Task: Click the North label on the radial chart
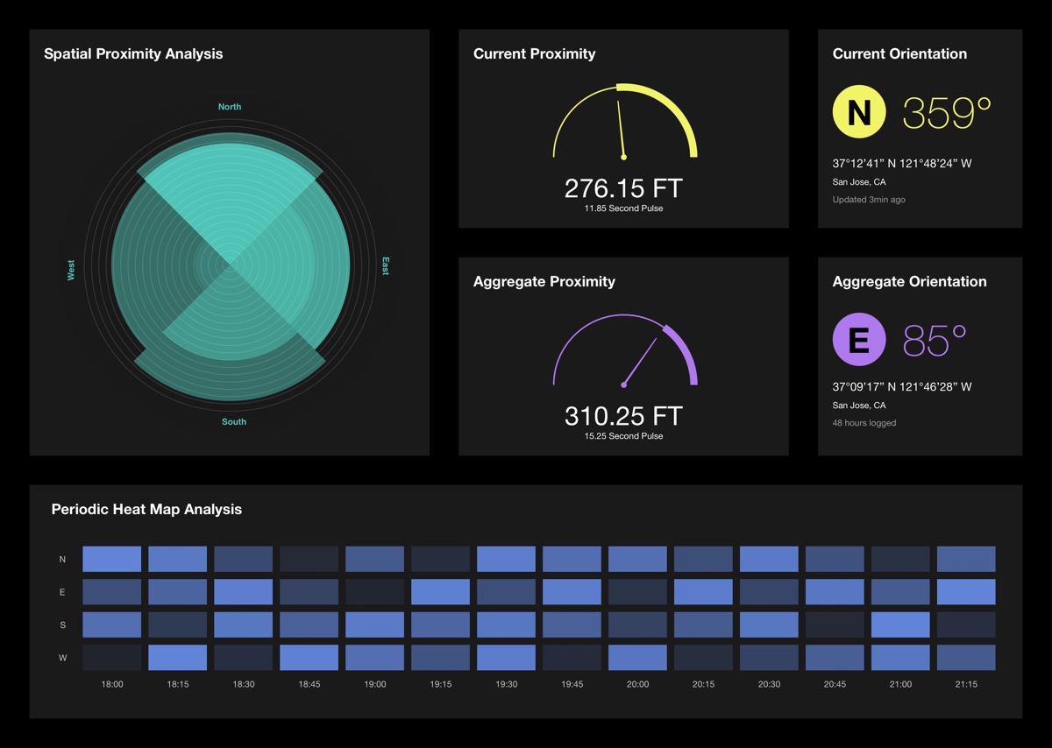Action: pos(230,107)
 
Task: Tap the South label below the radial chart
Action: pos(234,422)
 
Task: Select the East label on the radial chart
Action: pos(385,266)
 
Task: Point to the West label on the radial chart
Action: pos(72,270)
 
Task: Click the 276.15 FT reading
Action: pos(622,188)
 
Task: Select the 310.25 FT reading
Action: pos(622,415)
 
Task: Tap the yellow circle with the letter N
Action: pos(859,113)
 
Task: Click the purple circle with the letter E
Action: pos(859,340)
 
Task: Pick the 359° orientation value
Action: pos(947,113)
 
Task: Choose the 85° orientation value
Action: pos(935,341)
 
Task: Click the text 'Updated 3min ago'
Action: pos(869,200)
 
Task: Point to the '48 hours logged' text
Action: pos(864,423)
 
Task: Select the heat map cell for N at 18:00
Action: pos(112,559)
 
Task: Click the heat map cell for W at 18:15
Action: pos(178,658)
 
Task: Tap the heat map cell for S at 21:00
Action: pos(900,625)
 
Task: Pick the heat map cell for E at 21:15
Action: pos(966,592)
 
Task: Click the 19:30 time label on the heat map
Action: pos(507,684)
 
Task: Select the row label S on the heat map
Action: pos(62,625)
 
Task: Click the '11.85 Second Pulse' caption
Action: pos(623,208)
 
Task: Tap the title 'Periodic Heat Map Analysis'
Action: pos(146,509)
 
